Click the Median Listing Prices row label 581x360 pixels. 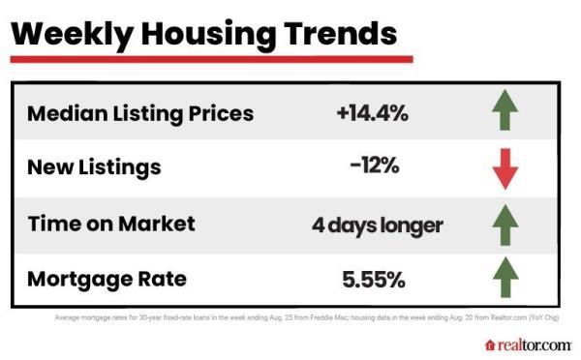pos(140,113)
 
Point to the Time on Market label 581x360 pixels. pos(110,224)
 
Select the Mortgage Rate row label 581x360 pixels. pos(107,280)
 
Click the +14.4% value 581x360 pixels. pos(373,113)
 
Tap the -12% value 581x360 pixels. pos(374,167)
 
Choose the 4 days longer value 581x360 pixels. pos(377,225)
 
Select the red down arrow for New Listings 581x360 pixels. pos(505,169)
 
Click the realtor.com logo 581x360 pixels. pos(528,345)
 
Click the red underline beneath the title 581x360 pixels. pos(211,59)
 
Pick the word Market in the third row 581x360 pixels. pos(157,224)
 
